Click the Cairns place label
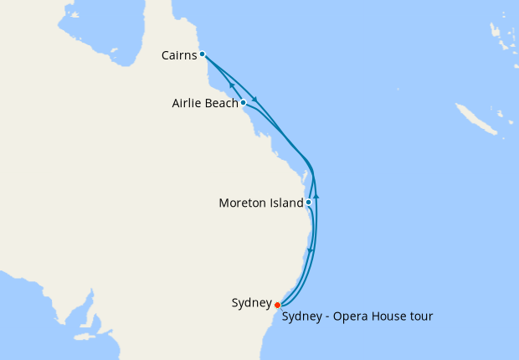(x=178, y=55)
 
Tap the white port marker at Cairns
(x=203, y=54)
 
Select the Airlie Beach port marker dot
(x=243, y=103)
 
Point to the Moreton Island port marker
(x=309, y=202)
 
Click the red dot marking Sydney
(x=277, y=305)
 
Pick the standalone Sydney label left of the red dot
(x=251, y=303)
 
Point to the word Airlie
(x=185, y=104)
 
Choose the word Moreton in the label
(x=242, y=203)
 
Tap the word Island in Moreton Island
(x=286, y=203)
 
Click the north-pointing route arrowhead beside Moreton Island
(x=316, y=197)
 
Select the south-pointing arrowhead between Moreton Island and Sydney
(x=311, y=250)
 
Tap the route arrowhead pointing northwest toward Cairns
(x=229, y=85)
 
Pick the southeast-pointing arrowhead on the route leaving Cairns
(x=254, y=99)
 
